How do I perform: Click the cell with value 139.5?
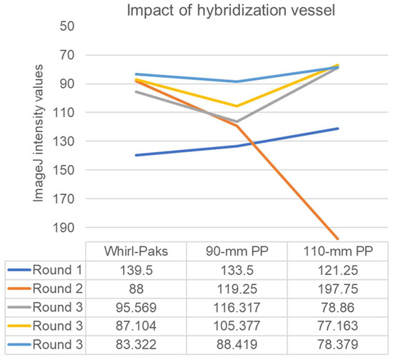[135, 272]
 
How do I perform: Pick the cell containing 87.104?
[135, 330]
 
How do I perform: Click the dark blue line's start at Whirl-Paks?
[136, 155]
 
